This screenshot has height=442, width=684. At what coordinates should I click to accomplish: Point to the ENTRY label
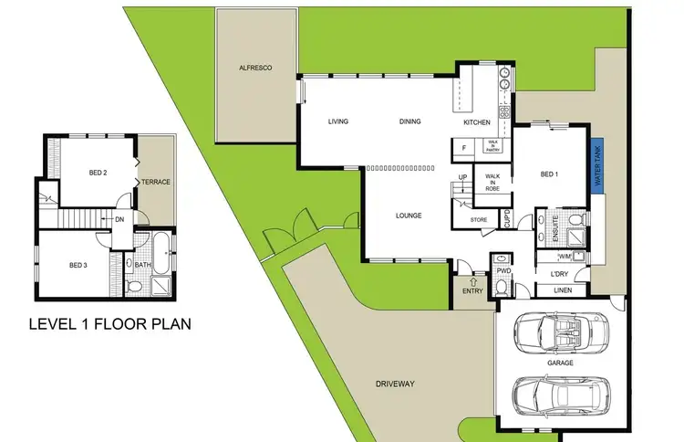coord(472,289)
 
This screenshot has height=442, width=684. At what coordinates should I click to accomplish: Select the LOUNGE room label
coord(408,216)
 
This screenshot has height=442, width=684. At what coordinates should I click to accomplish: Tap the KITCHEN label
coord(477,121)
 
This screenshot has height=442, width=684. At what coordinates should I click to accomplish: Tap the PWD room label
coord(503,271)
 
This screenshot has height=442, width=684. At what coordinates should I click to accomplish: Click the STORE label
coord(479,219)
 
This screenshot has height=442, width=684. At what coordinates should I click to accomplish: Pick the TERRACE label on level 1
coord(156,182)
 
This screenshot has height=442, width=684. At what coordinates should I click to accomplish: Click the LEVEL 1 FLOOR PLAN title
coord(109,323)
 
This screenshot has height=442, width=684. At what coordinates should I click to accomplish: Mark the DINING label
coord(409,121)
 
